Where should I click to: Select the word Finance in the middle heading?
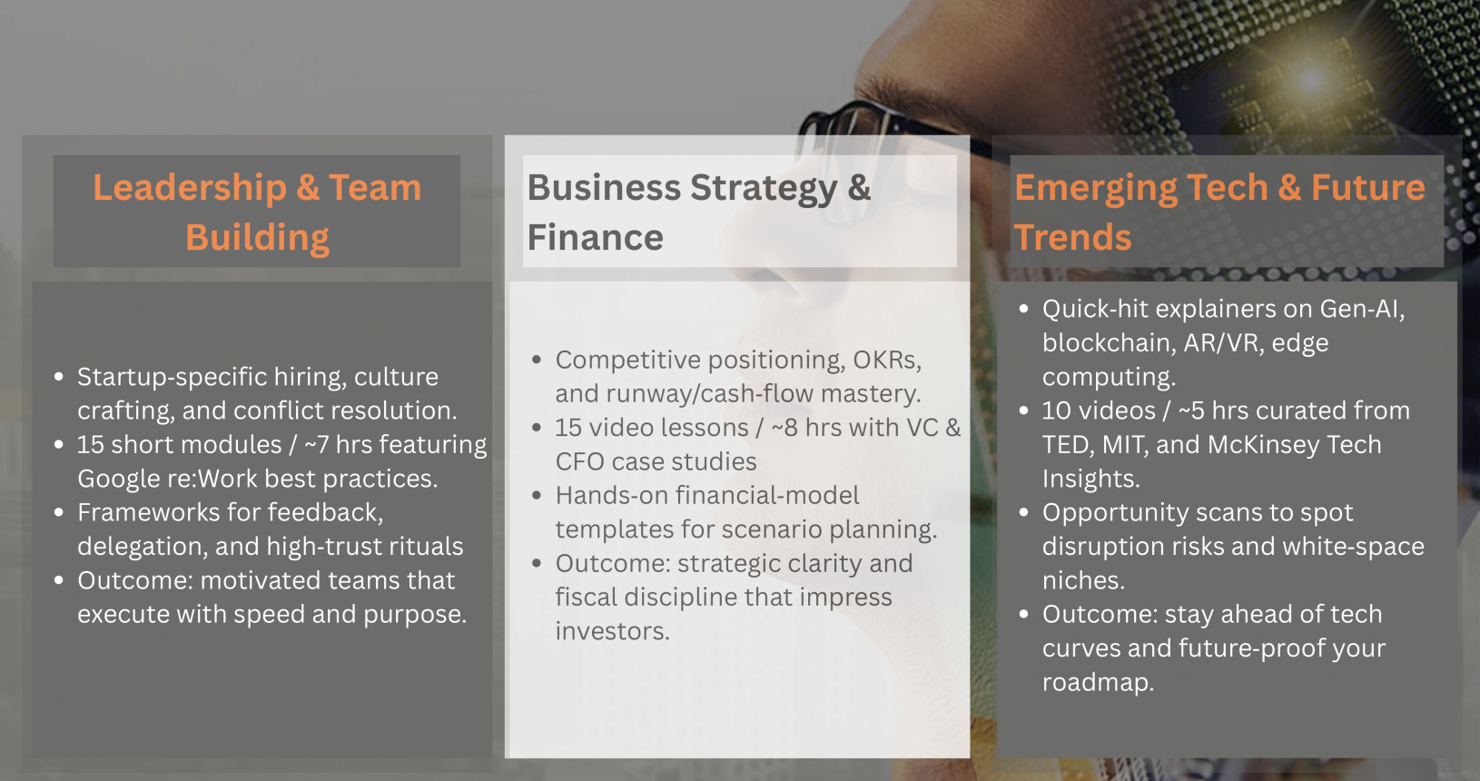point(595,238)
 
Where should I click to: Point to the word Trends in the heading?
point(1072,238)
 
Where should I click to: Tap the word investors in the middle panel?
point(613,632)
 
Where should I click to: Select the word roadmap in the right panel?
point(1098,683)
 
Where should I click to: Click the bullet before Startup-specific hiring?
point(59,377)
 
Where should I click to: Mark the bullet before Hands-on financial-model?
point(537,496)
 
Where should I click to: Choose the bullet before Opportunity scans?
point(1023,512)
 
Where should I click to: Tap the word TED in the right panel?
point(1063,445)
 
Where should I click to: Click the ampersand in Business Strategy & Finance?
point(859,188)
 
